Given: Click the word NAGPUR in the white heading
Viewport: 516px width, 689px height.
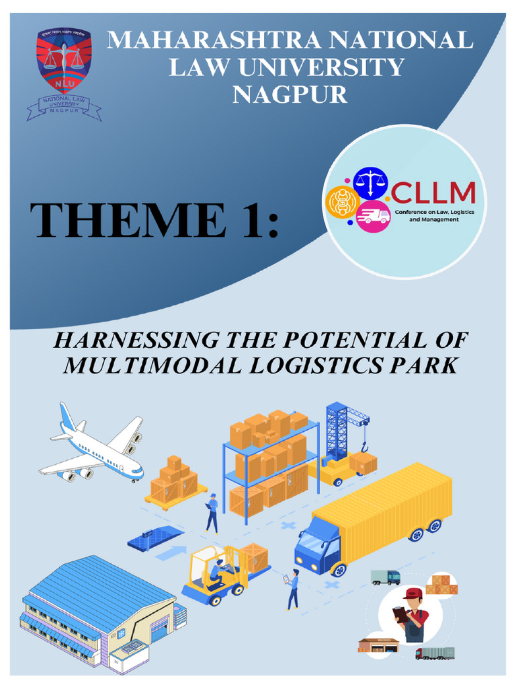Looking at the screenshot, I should (x=290, y=94).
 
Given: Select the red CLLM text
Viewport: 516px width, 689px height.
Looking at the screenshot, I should (x=433, y=194).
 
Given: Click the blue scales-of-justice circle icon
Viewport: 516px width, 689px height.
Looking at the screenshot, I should (x=367, y=182).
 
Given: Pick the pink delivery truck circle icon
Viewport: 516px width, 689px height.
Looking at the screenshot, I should (x=373, y=215).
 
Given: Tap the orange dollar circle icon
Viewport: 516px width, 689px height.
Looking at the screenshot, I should (x=341, y=203).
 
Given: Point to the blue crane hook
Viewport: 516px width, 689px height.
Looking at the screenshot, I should (x=365, y=444).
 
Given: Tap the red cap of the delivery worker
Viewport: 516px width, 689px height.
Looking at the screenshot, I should (x=411, y=593).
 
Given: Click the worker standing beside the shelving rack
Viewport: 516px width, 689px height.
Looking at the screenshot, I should (x=212, y=513).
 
